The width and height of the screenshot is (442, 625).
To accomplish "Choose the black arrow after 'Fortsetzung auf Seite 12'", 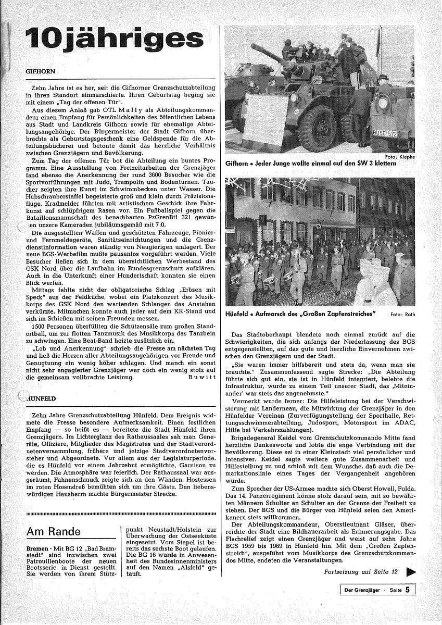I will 411,571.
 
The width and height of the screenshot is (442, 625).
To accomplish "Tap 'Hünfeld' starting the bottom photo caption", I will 237,314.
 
